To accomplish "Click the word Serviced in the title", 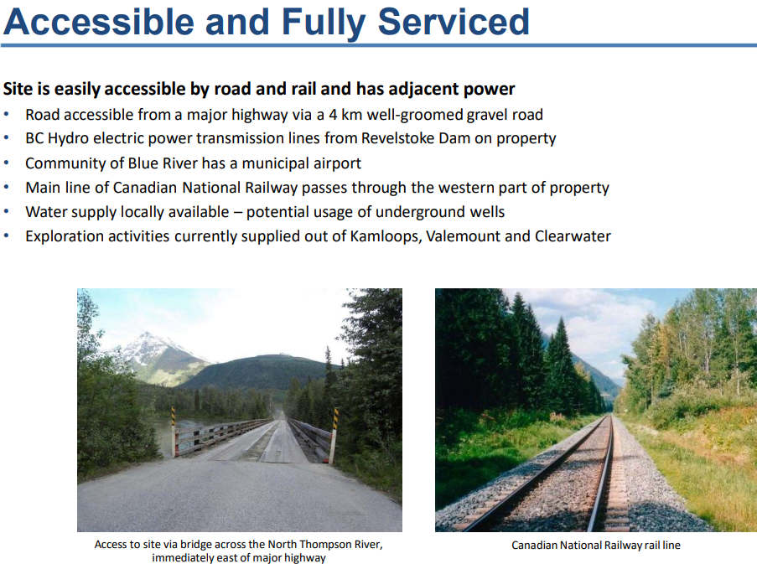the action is coord(454,22).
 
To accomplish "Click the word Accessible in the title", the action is coord(98,22).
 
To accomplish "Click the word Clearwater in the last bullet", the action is coord(573,236).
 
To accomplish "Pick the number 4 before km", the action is coord(333,115).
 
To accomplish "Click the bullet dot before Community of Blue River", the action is coord(6,163).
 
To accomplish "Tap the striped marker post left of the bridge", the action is coord(174,432).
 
